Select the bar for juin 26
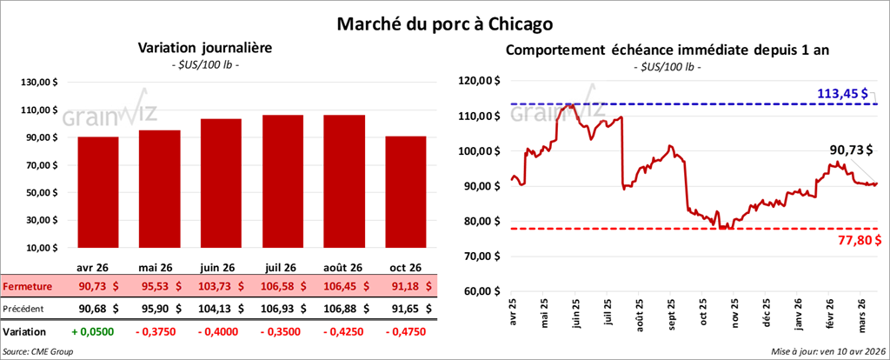(220, 183)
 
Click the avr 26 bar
(97, 191)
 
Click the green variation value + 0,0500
(98, 331)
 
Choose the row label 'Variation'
(23, 331)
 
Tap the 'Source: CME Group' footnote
(37, 351)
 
